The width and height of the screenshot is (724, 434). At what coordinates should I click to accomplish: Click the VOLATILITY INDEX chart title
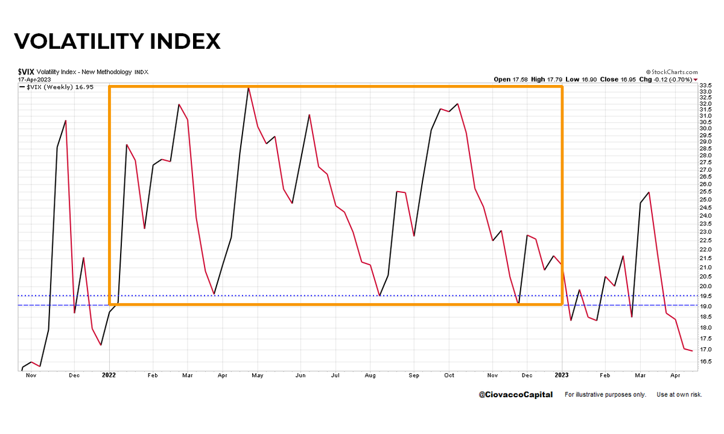point(117,41)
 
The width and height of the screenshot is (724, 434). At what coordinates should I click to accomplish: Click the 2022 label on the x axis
point(109,375)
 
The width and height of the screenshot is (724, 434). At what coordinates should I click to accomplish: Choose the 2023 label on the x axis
point(562,375)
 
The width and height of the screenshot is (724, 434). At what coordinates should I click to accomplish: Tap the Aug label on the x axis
point(370,375)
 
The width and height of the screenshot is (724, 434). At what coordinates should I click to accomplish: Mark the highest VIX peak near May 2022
point(249,88)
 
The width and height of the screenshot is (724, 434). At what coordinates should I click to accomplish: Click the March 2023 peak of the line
point(649,192)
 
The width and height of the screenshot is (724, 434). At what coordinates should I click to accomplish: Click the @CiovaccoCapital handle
point(515,395)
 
